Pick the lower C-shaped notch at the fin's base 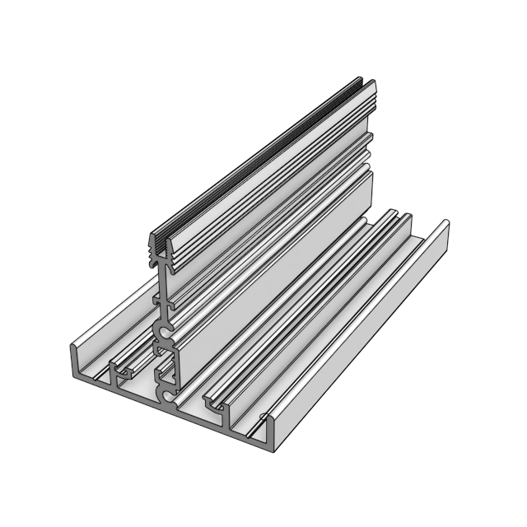coord(168,397)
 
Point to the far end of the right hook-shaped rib coord(403,216)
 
